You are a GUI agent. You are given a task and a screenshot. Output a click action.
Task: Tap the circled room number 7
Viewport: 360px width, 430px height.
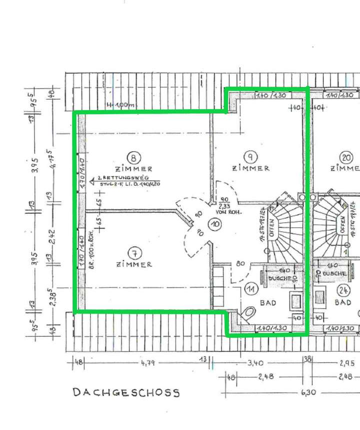point(132,253)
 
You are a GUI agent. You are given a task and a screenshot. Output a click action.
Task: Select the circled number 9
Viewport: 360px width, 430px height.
point(251,156)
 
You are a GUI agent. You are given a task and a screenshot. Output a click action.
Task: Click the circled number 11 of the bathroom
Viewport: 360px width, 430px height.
point(251,289)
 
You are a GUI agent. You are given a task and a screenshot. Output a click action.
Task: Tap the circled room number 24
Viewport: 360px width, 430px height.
point(343,289)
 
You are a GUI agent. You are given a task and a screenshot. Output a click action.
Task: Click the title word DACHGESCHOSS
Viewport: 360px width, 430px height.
point(126,392)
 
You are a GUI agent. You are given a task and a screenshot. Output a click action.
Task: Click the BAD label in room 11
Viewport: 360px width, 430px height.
point(268,303)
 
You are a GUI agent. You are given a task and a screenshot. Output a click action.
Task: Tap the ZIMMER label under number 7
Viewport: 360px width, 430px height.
point(133,264)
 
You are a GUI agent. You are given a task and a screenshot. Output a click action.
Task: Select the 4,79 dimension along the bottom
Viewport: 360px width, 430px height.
point(148,363)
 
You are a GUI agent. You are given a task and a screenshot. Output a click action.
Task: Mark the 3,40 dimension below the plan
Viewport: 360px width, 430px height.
point(255,363)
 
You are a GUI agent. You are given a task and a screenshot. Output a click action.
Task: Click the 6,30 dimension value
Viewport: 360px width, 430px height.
point(306,393)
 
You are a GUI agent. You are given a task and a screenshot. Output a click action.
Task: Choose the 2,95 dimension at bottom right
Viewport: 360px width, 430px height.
point(346,363)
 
